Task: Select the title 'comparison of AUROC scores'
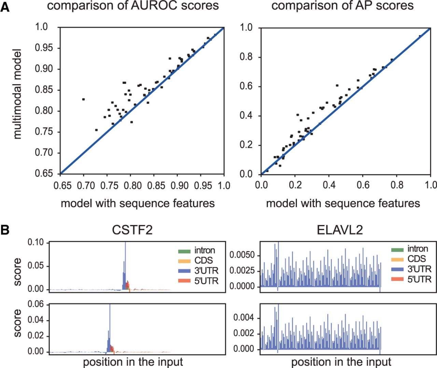pyautogui.click(x=133, y=5)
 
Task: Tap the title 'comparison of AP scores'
pyautogui.click(x=342, y=5)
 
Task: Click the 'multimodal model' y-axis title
pyautogui.click(x=17, y=94)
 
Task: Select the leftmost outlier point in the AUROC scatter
pyautogui.click(x=84, y=99)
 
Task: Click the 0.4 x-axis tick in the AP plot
pyautogui.click(x=329, y=185)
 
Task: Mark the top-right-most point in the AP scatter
pyautogui.click(x=420, y=36)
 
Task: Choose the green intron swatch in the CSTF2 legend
pyautogui.click(x=184, y=251)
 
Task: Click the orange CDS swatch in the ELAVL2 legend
pyautogui.click(x=397, y=260)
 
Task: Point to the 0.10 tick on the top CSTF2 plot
pyautogui.click(x=36, y=242)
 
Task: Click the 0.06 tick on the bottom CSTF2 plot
pyautogui.click(x=36, y=304)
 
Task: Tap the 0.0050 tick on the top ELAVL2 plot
pyautogui.click(x=242, y=255)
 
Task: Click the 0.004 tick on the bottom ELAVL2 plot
pyautogui.click(x=244, y=318)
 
